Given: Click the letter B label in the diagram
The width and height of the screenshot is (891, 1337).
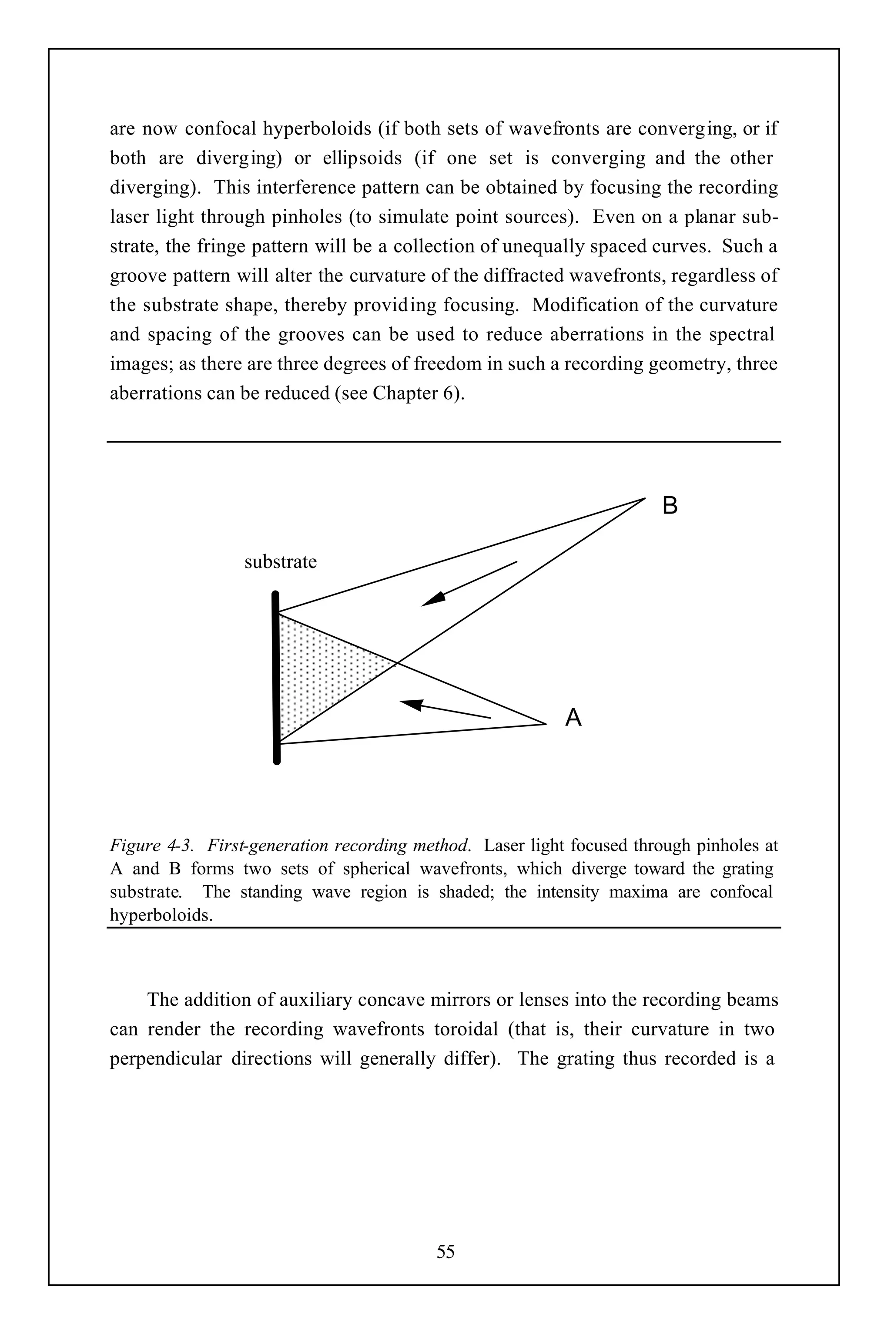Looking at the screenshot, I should [x=670, y=505].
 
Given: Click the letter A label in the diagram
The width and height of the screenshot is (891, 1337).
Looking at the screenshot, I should [x=573, y=718].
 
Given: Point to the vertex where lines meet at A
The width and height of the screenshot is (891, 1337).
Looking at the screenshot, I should [x=546, y=724].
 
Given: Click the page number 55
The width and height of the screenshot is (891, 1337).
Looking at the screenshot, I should [x=445, y=1251].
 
